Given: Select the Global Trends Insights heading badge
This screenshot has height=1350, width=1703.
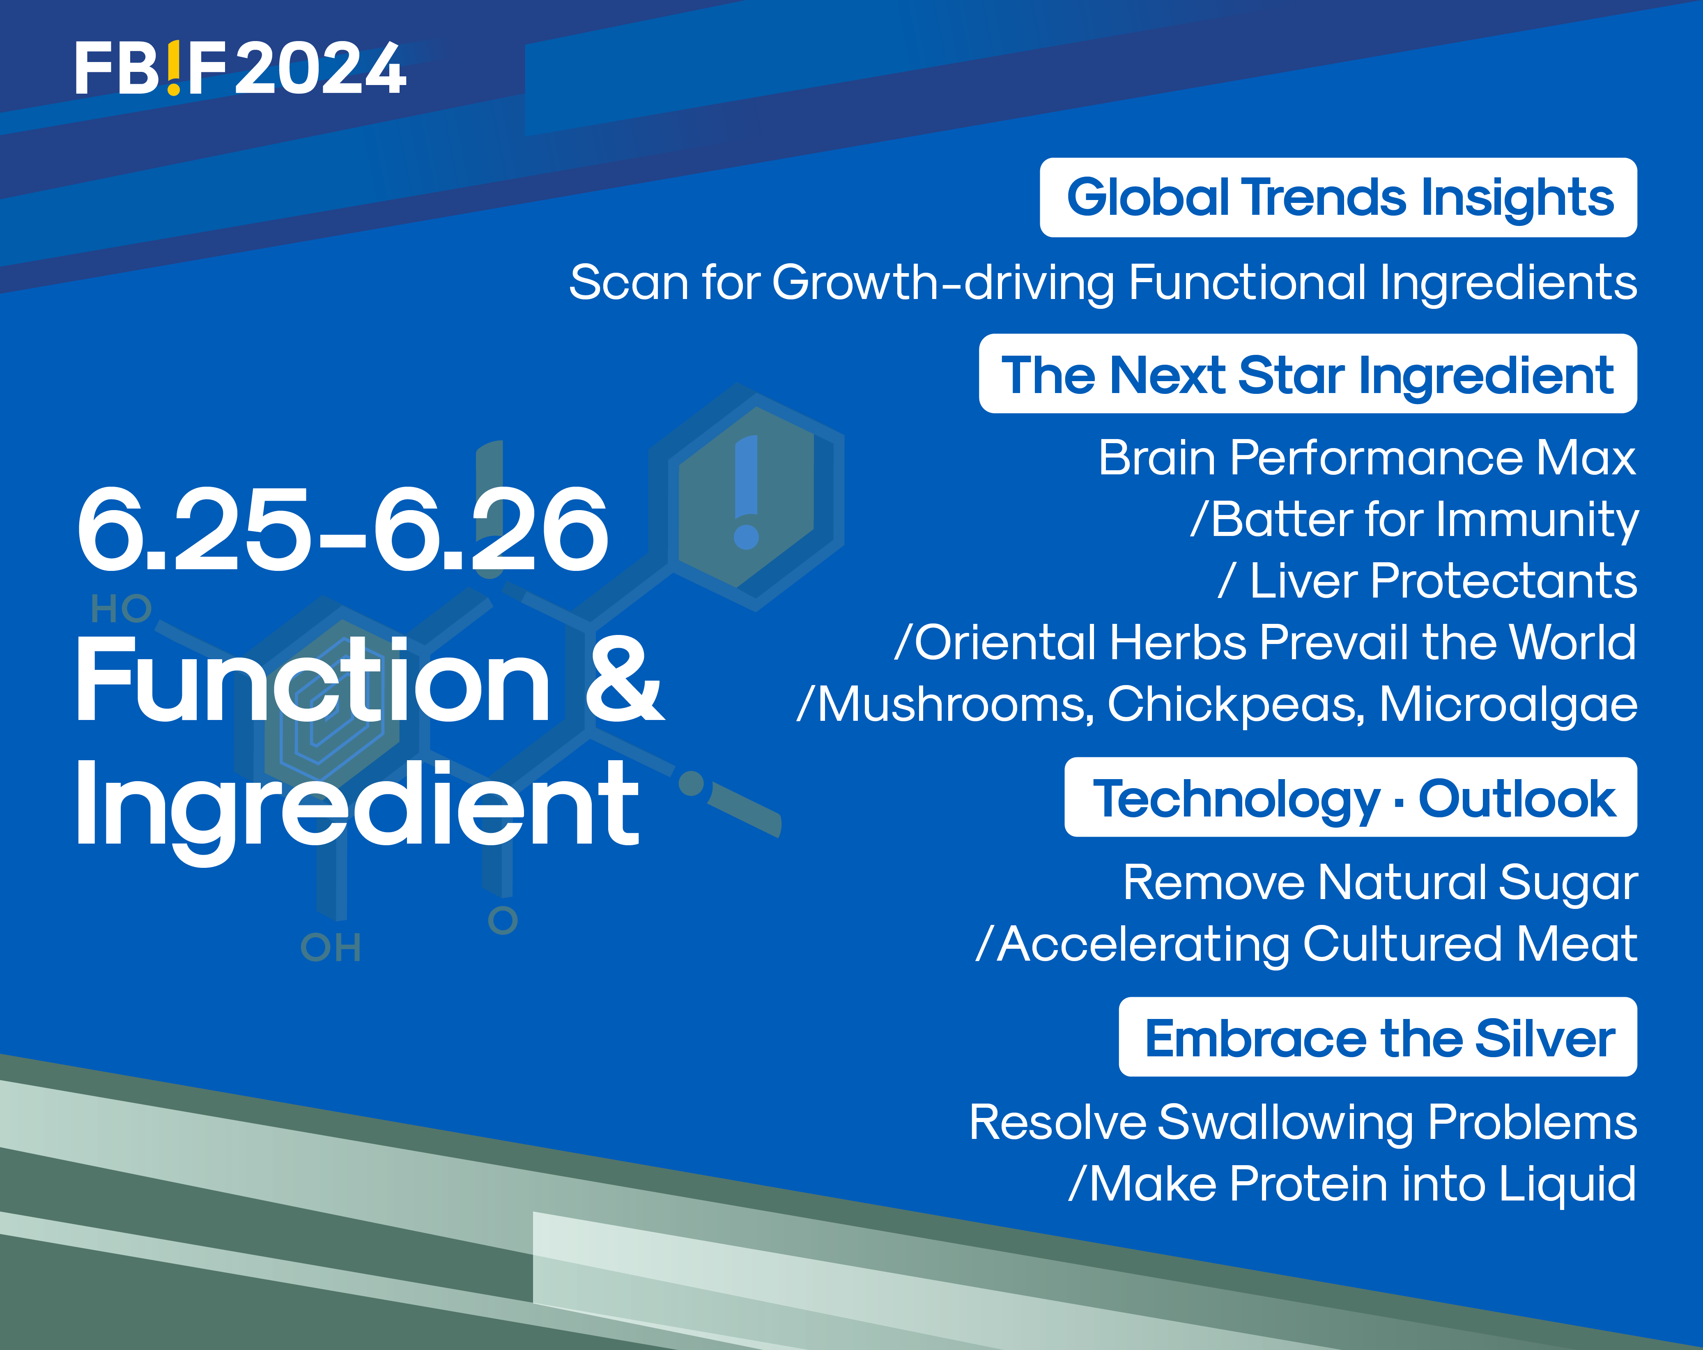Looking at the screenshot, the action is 1338,198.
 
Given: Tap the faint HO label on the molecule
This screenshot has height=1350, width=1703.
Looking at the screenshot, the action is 121,609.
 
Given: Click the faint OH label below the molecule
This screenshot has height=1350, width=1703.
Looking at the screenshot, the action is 331,947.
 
